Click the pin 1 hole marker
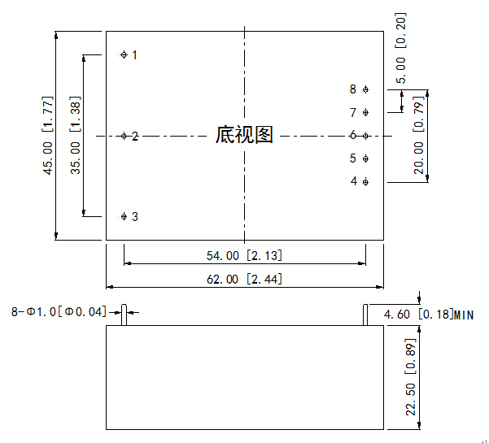pyautogui.click(x=124, y=54)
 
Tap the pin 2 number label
pyautogui.click(x=135, y=136)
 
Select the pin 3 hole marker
pyautogui.click(x=124, y=216)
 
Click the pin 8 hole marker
pyautogui.click(x=365, y=89)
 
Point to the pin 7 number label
pyautogui.click(x=353, y=113)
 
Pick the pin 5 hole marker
pyautogui.click(x=365, y=159)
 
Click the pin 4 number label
pyautogui.click(x=354, y=181)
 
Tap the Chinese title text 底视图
pyautogui.click(x=244, y=134)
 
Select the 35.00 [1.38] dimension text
pyautogui.click(x=76, y=136)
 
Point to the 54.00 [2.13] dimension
pyautogui.click(x=244, y=255)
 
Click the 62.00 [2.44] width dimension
pyautogui.click(x=244, y=279)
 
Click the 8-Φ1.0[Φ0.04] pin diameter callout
pyautogui.click(x=59, y=311)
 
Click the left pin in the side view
pyautogui.click(x=124, y=315)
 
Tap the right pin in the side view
pyautogui.click(x=365, y=315)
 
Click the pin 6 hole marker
pyautogui.click(x=365, y=136)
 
